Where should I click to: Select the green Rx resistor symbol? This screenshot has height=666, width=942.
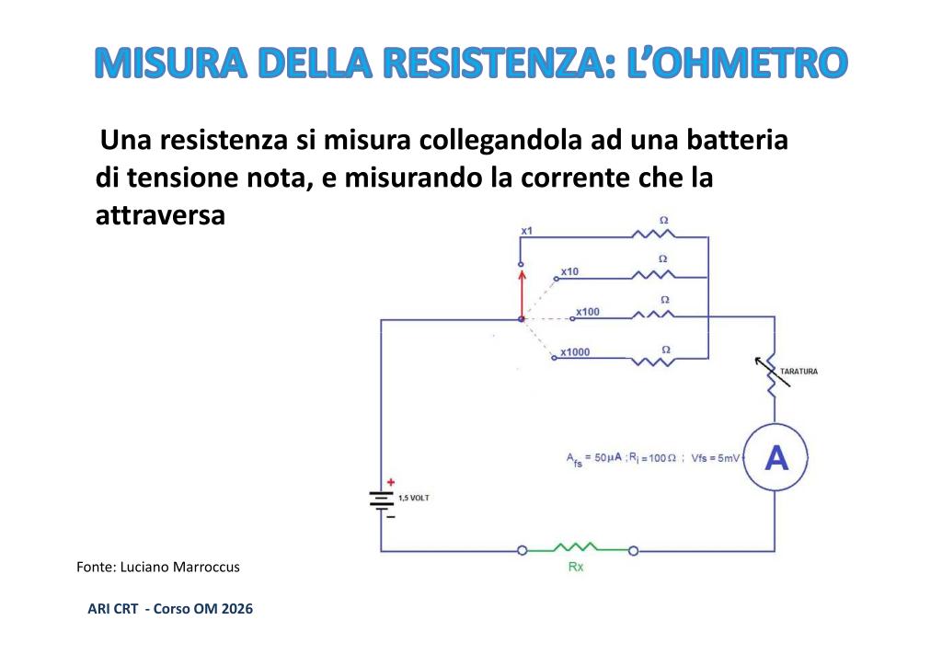[x=576, y=547]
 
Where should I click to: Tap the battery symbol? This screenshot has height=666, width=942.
[x=381, y=500]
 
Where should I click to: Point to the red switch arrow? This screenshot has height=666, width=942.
[x=522, y=294]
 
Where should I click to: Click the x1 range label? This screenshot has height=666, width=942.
[x=527, y=231]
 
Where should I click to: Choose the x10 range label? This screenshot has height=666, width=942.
[x=569, y=271]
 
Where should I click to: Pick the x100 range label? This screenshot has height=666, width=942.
[x=588, y=312]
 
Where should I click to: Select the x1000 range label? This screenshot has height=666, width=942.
[x=575, y=352]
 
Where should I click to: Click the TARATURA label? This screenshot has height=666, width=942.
[x=798, y=371]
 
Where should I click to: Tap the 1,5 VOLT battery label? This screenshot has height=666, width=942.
[x=414, y=498]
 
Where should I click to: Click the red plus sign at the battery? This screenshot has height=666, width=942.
[x=390, y=482]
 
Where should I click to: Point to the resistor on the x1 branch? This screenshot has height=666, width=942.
[x=654, y=235]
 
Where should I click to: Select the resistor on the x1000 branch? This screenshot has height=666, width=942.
[x=653, y=361]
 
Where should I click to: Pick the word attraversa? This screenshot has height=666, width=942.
[x=160, y=215]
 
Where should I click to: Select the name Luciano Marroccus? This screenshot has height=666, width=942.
[x=180, y=567]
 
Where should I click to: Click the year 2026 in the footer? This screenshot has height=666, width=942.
[x=236, y=608]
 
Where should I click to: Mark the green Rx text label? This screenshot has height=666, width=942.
[x=576, y=567]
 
